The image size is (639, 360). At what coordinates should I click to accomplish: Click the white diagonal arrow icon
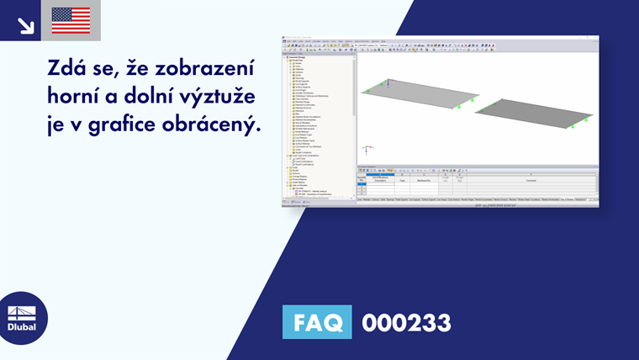tap(25, 24)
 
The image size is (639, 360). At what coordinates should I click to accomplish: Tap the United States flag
tap(71, 21)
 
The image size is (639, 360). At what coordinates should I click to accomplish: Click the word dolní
tap(166, 97)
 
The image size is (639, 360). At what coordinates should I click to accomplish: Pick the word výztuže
tap(230, 98)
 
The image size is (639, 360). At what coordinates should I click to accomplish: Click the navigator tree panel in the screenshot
tap(319, 118)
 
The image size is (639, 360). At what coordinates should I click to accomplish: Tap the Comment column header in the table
tap(531, 181)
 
